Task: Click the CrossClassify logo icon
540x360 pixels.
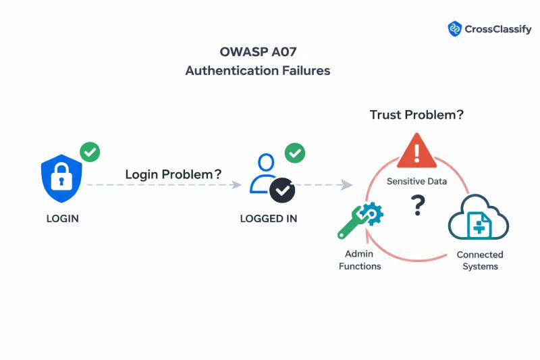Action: [454, 28]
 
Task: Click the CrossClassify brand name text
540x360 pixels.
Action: [497, 29]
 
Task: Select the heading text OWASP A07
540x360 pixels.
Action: [257, 52]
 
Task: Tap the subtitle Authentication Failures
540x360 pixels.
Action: [257, 70]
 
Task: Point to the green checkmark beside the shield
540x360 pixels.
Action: [90, 152]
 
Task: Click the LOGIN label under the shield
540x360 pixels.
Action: [63, 219]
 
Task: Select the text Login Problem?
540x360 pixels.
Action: [173, 174]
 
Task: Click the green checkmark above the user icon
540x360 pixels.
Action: [294, 153]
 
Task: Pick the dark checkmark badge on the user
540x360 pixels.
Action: [282, 190]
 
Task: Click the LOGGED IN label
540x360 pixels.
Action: [268, 219]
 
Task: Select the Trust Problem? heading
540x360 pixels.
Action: [416, 115]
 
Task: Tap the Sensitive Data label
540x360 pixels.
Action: [416, 181]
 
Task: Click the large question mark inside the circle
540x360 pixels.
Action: [418, 204]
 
